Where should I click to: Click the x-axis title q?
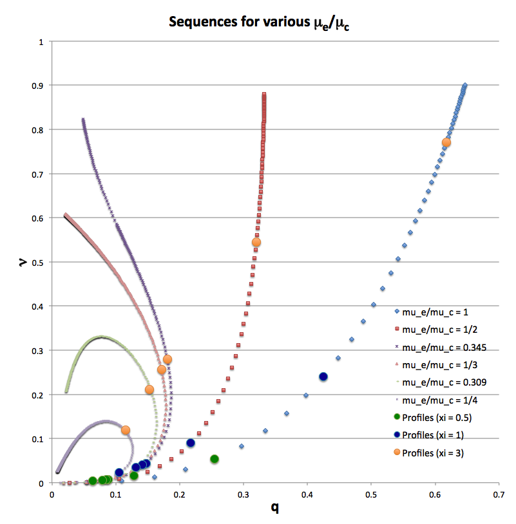[x=274, y=508]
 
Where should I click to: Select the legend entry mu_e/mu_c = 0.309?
[x=444, y=382]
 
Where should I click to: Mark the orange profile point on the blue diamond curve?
[x=446, y=142]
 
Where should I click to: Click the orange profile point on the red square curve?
[x=256, y=243]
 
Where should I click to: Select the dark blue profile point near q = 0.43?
[x=323, y=377]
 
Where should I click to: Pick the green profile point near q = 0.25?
[x=215, y=459]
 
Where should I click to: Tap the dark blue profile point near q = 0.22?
[x=191, y=443]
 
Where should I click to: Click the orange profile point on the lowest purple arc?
[x=126, y=430]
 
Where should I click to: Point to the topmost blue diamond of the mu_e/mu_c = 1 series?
[x=465, y=85]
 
